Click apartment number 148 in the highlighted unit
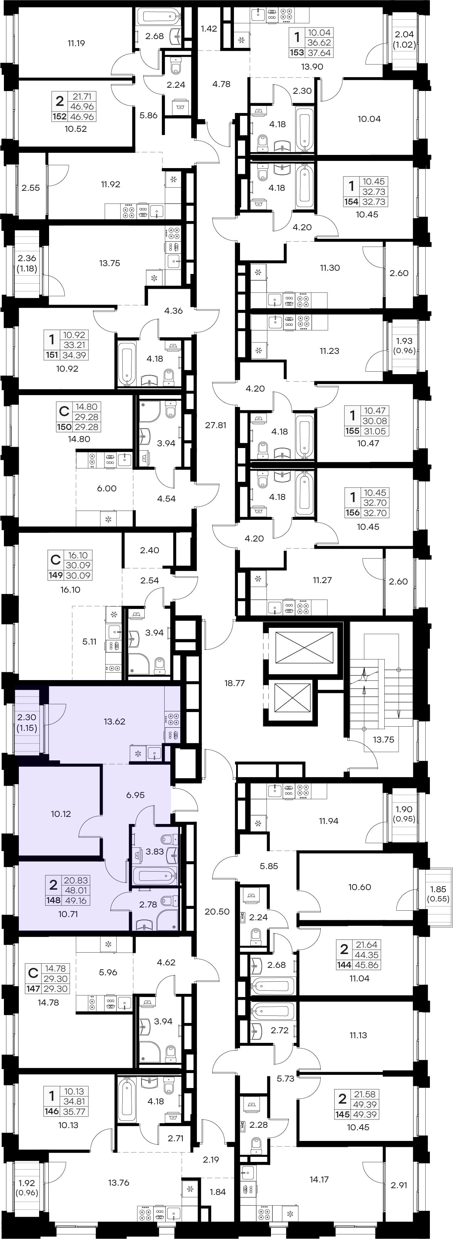click(53, 900)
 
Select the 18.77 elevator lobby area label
click(234, 683)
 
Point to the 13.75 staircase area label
click(383, 739)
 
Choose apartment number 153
click(297, 53)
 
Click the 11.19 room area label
click(76, 43)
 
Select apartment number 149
click(55, 575)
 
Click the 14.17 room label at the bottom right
click(319, 1179)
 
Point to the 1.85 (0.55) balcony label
click(438, 894)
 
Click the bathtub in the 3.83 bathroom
click(154, 876)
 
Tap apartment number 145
click(342, 1114)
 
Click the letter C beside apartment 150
click(64, 412)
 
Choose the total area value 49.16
click(76, 900)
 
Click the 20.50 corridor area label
click(217, 911)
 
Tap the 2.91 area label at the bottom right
click(399, 1185)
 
